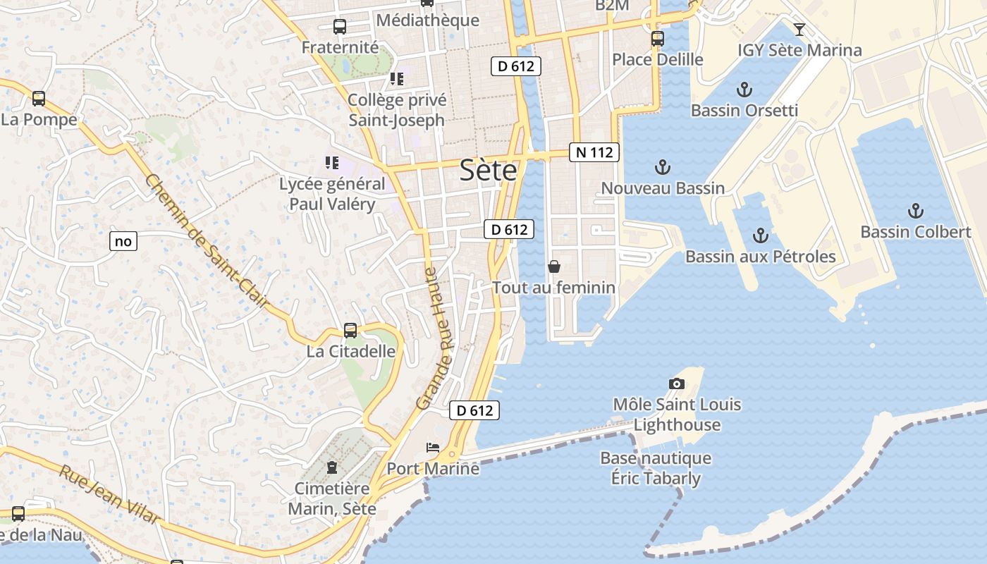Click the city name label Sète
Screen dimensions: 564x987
click(x=488, y=171)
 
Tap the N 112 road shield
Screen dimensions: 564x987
click(x=594, y=152)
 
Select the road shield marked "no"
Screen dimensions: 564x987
click(x=123, y=241)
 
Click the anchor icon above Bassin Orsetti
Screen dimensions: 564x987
click(x=744, y=90)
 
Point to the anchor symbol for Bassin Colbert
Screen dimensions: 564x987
click(x=915, y=211)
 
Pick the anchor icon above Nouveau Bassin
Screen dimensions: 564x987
click(x=662, y=167)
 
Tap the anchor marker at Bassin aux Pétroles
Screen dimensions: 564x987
click(x=760, y=235)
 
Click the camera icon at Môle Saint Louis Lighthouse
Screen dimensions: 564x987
click(x=677, y=384)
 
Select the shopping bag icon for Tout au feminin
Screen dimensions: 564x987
click(x=554, y=266)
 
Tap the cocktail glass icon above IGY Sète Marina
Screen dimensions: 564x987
click(x=799, y=29)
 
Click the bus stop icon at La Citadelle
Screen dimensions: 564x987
click(x=350, y=330)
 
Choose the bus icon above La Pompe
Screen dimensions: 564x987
click(x=39, y=99)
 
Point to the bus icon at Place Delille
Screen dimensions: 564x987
click(x=658, y=38)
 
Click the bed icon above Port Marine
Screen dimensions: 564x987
click(x=433, y=448)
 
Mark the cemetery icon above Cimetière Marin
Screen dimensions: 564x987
click(x=332, y=467)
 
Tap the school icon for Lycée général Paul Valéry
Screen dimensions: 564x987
click(x=332, y=164)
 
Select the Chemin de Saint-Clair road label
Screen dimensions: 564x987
click(x=207, y=240)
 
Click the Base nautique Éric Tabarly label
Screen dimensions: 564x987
click(x=656, y=468)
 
